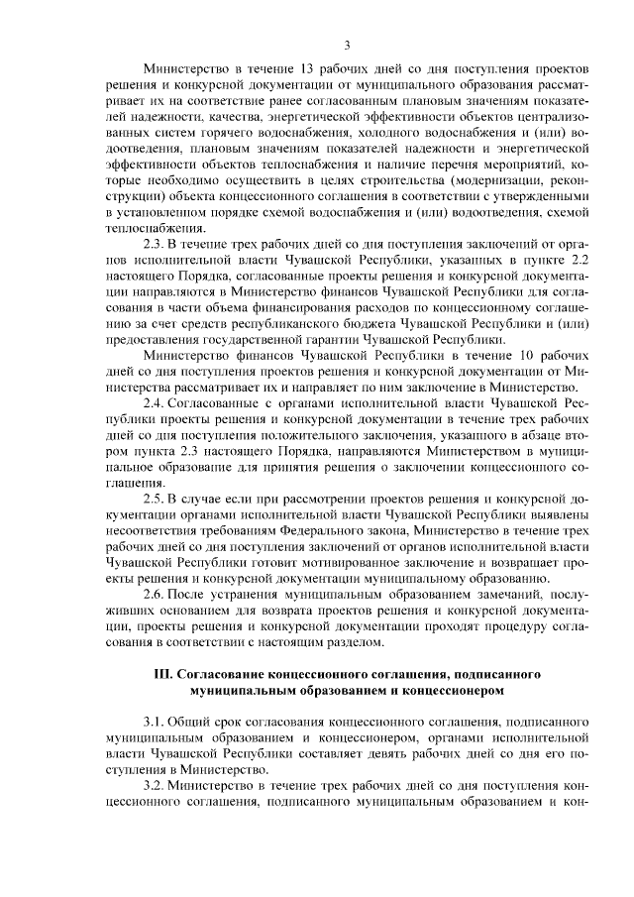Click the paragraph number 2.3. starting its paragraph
pyautogui.click(x=156, y=243)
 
